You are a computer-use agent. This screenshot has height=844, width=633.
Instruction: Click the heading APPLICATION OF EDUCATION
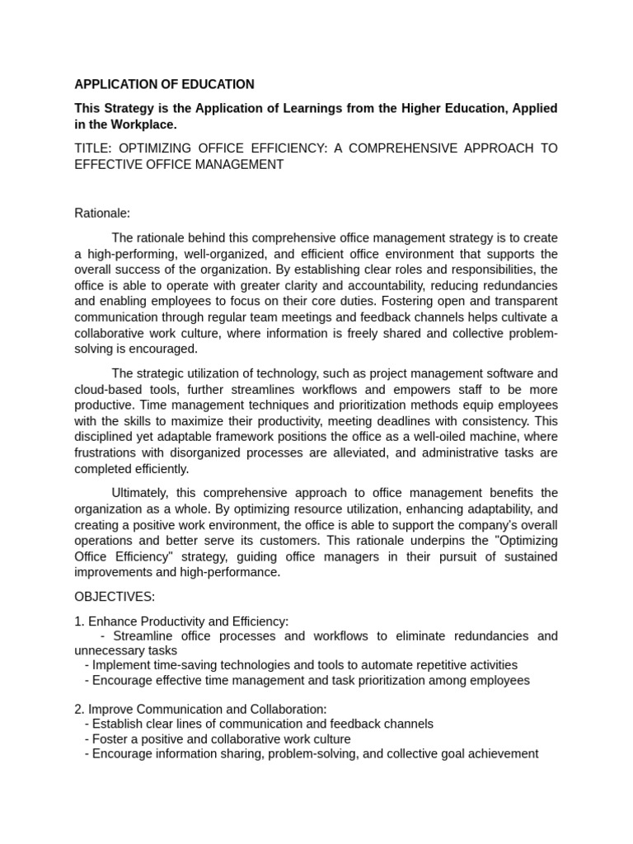(164, 84)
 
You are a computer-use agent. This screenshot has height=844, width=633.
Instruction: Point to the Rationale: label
(102, 213)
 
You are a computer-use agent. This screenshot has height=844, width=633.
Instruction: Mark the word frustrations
(106, 452)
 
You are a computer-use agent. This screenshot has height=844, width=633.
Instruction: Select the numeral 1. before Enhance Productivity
(79, 621)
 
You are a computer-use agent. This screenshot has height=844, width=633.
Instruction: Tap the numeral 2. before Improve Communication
(79, 709)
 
